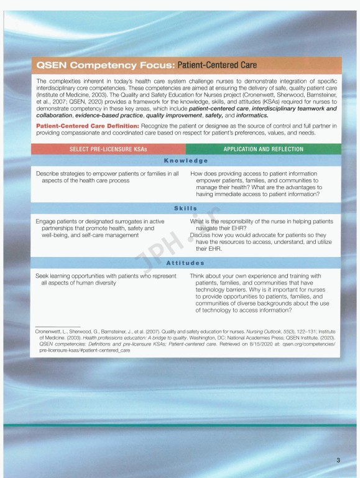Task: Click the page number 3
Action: click(338, 461)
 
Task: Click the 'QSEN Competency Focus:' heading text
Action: click(105, 65)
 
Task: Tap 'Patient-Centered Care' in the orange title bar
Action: click(217, 65)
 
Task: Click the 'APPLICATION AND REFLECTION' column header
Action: click(264, 149)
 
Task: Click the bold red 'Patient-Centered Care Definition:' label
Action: click(78, 126)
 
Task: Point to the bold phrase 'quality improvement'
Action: click(173, 115)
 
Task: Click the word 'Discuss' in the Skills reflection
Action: click(202, 235)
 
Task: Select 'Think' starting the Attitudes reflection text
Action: click(200, 276)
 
